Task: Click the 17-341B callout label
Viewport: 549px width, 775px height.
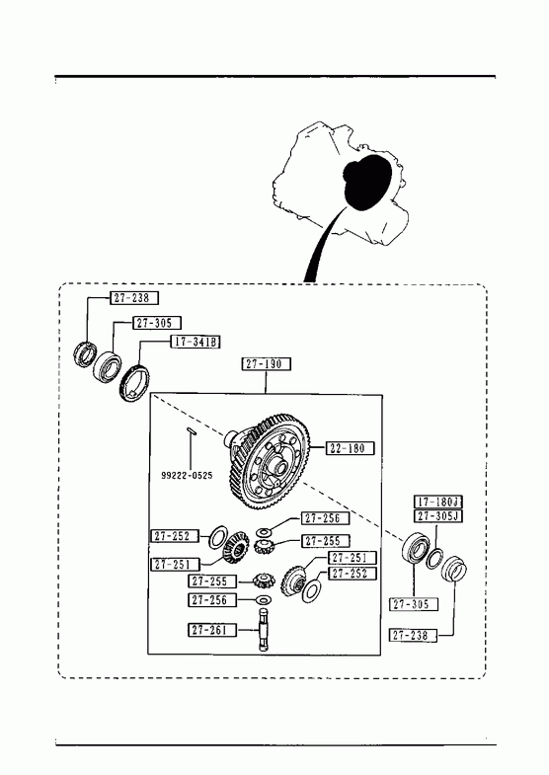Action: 196,342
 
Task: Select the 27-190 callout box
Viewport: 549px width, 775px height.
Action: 266,364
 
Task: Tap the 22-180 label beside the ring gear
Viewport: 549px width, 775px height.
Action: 350,448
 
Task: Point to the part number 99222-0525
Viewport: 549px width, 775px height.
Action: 187,476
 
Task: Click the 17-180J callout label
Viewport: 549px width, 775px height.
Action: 437,503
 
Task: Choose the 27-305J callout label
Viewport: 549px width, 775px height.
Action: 437,516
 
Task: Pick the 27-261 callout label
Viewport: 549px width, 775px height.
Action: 212,630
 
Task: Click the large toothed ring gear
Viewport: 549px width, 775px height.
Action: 270,462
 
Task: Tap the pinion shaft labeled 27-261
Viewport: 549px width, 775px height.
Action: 264,631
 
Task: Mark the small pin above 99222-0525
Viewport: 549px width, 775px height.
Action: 192,431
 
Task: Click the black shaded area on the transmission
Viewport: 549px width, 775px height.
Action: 367,182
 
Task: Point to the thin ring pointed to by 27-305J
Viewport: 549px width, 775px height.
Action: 434,558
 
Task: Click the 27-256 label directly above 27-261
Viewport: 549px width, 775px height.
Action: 212,600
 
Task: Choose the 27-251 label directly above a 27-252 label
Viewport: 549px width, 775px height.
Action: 353,558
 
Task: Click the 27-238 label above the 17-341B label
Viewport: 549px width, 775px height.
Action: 134,298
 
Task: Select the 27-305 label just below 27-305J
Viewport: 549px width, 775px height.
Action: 414,604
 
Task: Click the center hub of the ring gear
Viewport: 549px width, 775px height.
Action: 277,467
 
